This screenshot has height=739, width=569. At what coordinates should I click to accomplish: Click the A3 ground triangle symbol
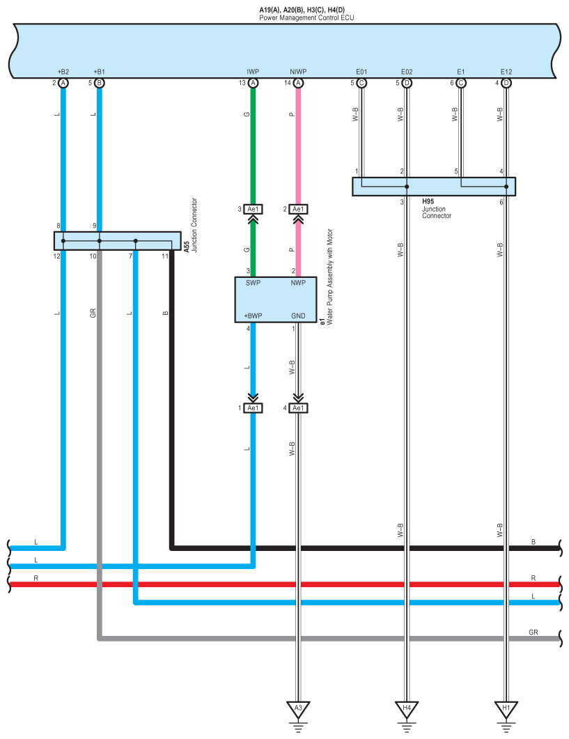[298, 708]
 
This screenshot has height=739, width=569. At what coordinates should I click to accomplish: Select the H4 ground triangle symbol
[407, 708]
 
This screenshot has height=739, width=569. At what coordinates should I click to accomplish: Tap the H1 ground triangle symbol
[506, 708]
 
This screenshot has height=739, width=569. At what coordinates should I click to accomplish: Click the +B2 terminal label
[63, 72]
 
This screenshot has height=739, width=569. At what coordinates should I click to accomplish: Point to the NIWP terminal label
[297, 72]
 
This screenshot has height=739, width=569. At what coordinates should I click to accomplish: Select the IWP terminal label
[252, 72]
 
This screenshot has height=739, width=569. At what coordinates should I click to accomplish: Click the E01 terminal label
[361, 72]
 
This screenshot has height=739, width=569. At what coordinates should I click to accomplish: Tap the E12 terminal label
[506, 72]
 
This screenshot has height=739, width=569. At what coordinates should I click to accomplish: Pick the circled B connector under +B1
[100, 83]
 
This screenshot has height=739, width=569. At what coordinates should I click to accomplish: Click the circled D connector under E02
[407, 83]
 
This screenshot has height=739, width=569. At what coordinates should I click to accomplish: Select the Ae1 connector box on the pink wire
[298, 209]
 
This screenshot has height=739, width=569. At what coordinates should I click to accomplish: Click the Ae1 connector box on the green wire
[253, 209]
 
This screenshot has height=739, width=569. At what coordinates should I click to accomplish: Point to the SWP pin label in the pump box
[252, 283]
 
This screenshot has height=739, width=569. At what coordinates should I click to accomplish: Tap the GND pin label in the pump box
[298, 316]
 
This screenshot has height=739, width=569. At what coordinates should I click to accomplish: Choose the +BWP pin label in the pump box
[252, 316]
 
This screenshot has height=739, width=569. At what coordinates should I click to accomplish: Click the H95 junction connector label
[428, 201]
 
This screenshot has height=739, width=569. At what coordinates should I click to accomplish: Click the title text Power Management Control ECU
[306, 17]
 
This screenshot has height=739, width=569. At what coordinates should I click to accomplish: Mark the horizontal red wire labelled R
[279, 584]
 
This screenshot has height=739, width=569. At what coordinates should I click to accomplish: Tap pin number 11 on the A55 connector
[164, 256]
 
